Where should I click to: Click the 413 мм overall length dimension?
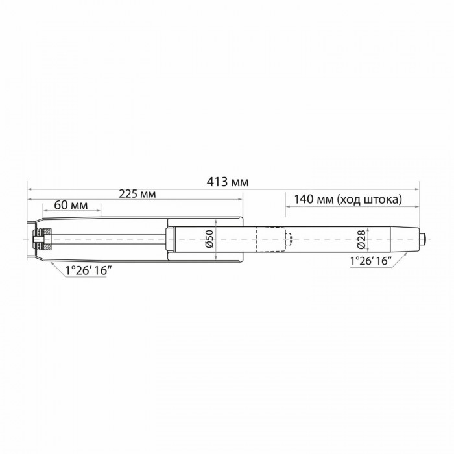pos(228,182)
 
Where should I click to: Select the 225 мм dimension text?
pos(137,194)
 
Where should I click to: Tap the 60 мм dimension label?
pos(71,206)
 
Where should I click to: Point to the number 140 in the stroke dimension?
pos(304,200)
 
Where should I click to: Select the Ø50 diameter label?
pos(209,239)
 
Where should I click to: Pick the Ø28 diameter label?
pos(361,240)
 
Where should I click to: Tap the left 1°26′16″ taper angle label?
pos(88,271)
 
